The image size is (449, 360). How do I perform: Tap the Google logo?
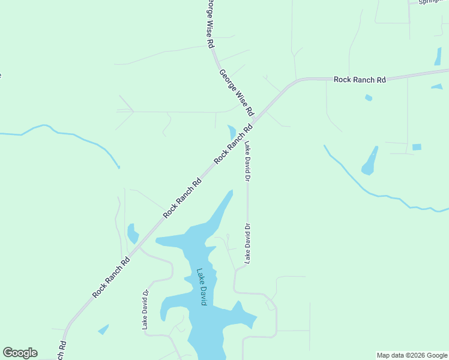tap(20, 353)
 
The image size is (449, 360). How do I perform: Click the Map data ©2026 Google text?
tap(412, 355)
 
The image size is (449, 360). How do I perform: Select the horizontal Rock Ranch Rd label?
tap(360, 79)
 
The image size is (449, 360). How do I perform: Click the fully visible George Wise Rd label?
tap(237, 93)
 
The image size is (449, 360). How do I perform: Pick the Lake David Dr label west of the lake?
tap(145, 310)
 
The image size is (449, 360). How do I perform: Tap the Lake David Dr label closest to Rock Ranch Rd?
tap(247, 161)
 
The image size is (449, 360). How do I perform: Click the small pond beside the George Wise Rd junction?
tap(232, 132)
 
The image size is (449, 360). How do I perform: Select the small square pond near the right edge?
tap(417, 147)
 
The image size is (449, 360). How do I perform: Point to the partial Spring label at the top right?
tap(432, 2)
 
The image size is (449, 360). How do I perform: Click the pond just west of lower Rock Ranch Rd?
tap(132, 233)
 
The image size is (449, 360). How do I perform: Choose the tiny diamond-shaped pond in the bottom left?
tap(103, 329)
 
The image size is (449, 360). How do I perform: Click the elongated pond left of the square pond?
tap(370, 161)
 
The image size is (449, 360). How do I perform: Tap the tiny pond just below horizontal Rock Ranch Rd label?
tap(369, 97)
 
